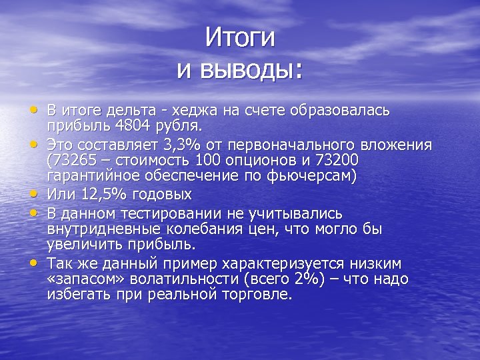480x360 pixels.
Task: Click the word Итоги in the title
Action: pos(239,38)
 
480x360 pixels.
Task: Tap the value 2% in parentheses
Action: pos(291,278)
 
